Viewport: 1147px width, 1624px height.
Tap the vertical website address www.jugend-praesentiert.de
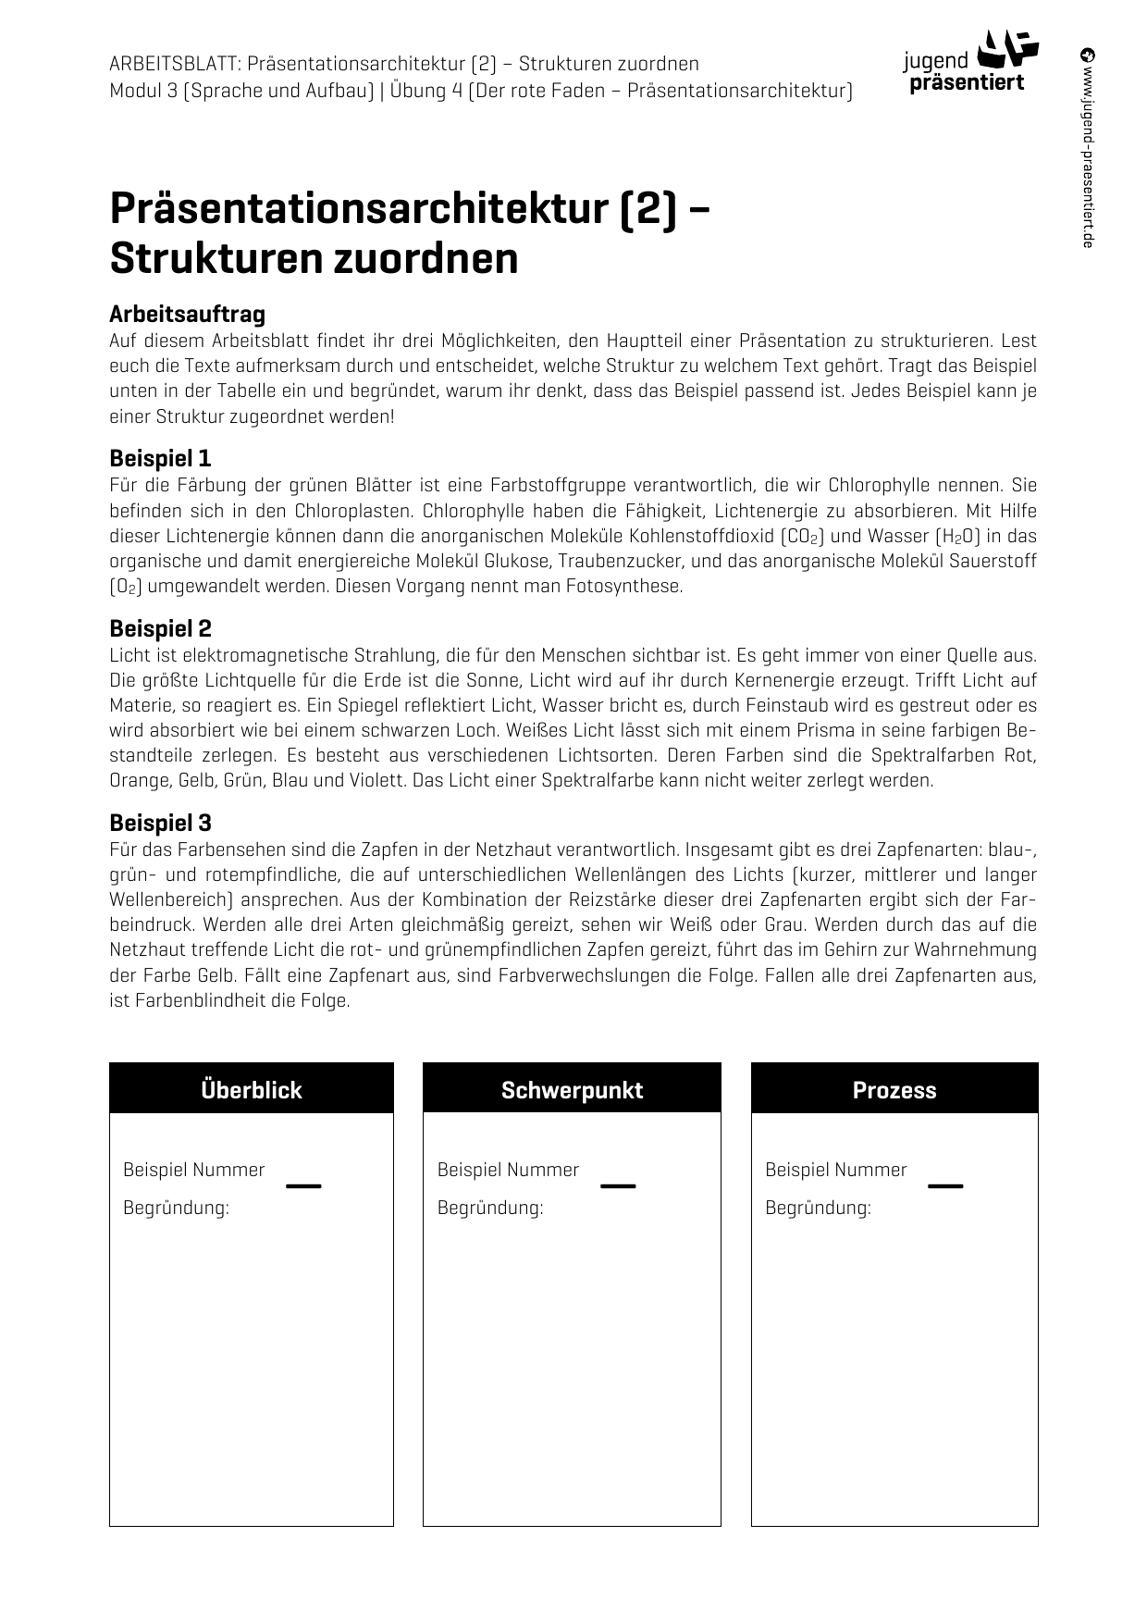click(x=1088, y=148)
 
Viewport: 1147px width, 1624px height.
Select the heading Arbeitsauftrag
click(x=187, y=315)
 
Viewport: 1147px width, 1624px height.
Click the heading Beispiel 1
click(x=160, y=458)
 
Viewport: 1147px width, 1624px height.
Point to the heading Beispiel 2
click(x=160, y=628)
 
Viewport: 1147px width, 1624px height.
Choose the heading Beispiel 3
click(x=160, y=823)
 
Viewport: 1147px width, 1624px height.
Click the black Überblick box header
click(x=251, y=1089)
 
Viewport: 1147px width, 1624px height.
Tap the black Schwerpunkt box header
click(x=572, y=1089)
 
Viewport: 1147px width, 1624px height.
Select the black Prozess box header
click(x=894, y=1089)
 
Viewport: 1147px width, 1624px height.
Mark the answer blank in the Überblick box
click(x=303, y=1184)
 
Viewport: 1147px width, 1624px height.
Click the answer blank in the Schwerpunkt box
click(x=618, y=1184)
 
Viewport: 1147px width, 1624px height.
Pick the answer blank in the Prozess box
click(x=945, y=1184)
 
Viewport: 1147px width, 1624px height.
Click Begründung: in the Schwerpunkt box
click(x=490, y=1208)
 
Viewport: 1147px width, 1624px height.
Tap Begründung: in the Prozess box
click(x=818, y=1208)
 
